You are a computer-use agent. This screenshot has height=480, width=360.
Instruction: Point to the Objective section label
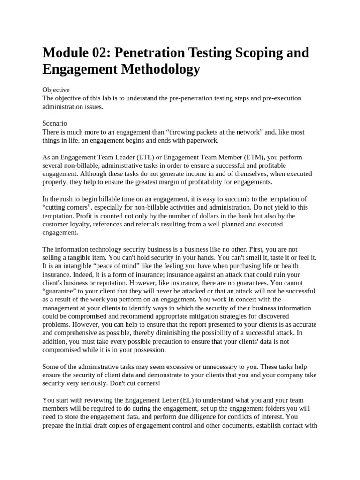56,90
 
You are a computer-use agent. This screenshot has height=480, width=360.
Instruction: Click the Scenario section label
55,124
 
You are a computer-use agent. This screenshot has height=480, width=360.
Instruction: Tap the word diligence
201,408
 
